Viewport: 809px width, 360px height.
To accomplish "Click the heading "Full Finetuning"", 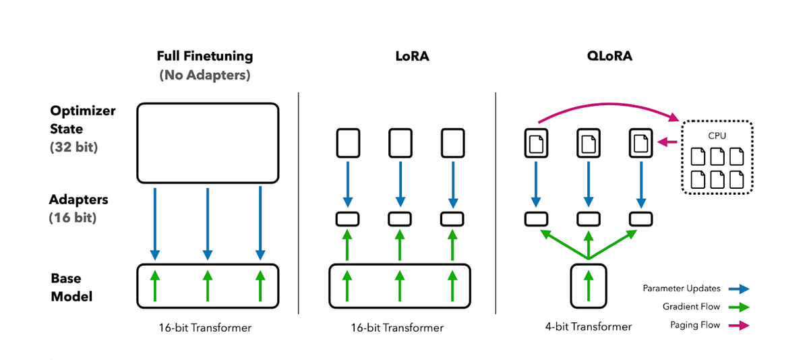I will pos(204,57).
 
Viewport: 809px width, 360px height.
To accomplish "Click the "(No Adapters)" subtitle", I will pos(204,76).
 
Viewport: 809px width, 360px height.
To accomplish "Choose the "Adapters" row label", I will pos(78,200).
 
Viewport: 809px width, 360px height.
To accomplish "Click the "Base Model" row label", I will pos(71,287).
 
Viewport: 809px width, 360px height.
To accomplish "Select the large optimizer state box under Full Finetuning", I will pos(208,142).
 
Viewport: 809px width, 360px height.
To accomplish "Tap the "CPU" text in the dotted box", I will pos(717,135).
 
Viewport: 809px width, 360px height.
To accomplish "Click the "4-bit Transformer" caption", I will pos(588,327).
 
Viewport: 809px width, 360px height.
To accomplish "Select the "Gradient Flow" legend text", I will pos(692,307).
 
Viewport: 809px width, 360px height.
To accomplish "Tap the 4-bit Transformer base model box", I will pos(589,285).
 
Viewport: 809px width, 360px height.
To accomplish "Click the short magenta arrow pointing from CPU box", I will pos(667,142).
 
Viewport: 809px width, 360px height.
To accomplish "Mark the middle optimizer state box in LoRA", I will pos(400,143).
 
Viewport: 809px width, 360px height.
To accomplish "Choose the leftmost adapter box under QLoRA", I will pos(537,218).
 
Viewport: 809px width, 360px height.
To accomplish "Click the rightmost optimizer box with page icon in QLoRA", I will pos(640,143).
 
